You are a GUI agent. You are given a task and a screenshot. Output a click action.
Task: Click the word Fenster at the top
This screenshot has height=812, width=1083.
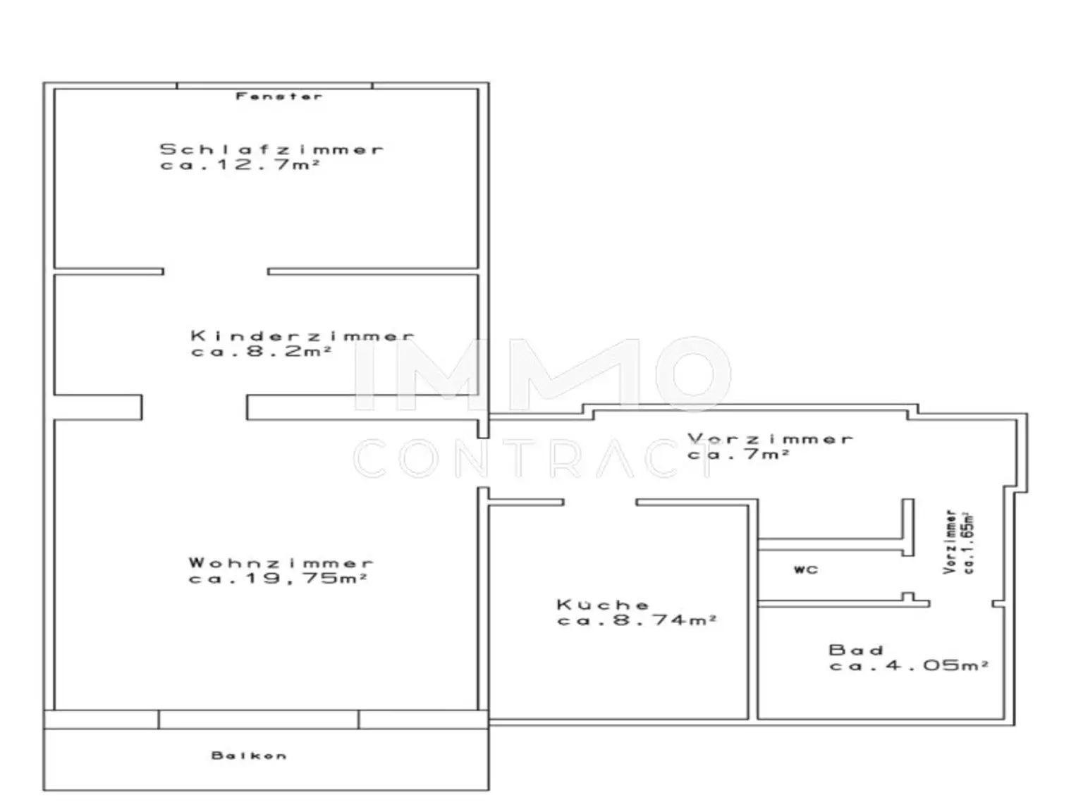coord(279,96)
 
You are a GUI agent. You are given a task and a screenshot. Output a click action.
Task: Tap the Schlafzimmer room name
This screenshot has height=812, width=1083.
coord(271,149)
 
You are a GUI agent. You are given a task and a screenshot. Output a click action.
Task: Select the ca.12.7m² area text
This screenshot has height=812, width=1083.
coord(240,165)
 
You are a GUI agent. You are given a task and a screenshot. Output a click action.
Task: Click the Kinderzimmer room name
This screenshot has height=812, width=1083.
coord(302,336)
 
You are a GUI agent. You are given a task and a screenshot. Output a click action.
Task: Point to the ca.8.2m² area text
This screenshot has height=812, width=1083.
coord(262,351)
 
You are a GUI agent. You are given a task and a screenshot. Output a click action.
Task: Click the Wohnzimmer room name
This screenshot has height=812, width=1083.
coord(281,562)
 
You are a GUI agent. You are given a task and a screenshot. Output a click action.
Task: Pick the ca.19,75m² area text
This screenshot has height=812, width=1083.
coord(278,579)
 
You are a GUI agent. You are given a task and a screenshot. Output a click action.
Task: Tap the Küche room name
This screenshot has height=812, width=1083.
coord(603,604)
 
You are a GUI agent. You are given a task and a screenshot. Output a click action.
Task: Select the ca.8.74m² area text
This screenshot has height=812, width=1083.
coord(637,620)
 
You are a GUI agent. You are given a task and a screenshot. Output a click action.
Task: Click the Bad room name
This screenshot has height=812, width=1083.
coord(856,649)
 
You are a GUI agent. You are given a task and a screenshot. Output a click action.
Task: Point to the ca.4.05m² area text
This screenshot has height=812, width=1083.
coord(908,665)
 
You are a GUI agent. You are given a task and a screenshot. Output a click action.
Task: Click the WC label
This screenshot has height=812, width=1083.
coord(806,570)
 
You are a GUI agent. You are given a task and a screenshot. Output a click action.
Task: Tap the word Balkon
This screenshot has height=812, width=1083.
coord(249,756)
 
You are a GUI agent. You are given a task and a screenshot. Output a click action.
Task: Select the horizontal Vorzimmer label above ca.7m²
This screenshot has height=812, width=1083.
coord(771,438)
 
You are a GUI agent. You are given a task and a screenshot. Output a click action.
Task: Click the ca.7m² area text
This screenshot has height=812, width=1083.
coord(738,455)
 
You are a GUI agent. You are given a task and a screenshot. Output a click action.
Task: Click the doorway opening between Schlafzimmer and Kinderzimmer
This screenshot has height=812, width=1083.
coord(216,271)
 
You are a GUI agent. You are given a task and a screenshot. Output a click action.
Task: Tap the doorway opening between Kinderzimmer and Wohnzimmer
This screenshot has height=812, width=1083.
coord(195,407)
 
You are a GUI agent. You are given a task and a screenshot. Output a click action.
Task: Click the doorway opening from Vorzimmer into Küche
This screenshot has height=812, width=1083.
coord(600,503)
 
